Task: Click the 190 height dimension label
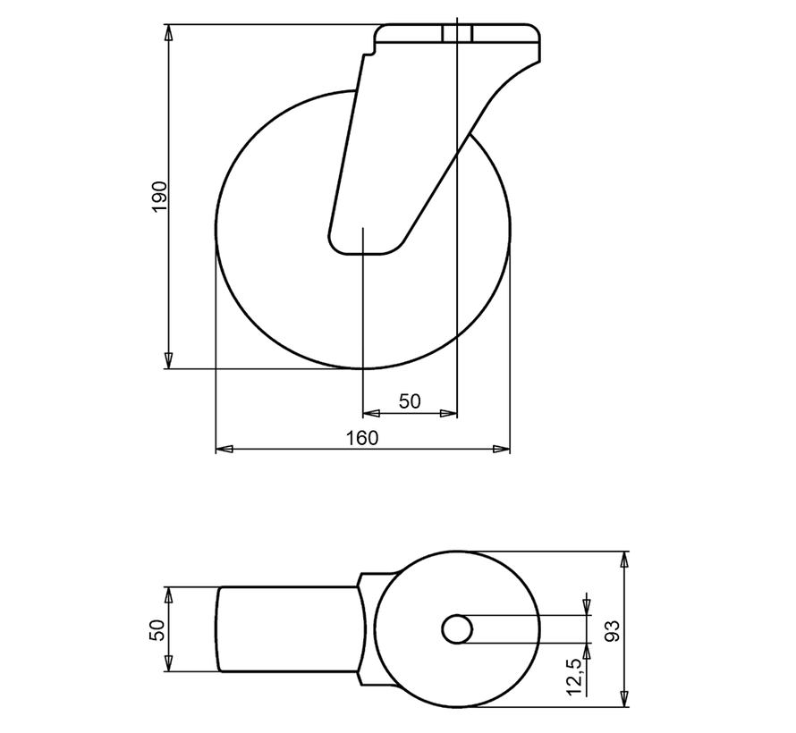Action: pos(159,197)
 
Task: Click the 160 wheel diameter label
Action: pos(362,438)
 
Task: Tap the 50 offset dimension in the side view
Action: pos(410,401)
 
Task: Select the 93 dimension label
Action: pos(614,630)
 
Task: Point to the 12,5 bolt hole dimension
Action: pos(575,677)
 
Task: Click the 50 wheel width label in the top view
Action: pos(158,630)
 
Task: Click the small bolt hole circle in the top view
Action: pos(457,629)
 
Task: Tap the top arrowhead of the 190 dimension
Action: pos(168,32)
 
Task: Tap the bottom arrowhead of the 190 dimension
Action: pos(168,360)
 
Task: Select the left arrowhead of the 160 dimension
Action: pos(224,449)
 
